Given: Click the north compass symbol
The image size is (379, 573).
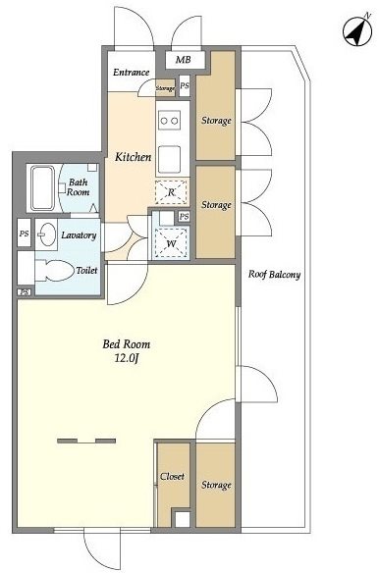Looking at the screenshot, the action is click(x=356, y=31).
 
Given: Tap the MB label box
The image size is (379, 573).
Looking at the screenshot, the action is click(x=184, y=60).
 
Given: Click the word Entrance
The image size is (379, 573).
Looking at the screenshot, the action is click(x=131, y=72).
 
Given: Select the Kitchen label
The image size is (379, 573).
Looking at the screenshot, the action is click(x=133, y=157).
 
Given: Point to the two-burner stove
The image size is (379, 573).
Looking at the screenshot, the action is click(x=170, y=120).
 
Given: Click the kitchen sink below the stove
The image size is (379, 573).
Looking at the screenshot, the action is click(x=170, y=159).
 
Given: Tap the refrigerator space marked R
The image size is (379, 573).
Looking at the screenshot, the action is click(x=171, y=192).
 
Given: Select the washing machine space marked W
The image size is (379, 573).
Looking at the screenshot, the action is click(x=171, y=242).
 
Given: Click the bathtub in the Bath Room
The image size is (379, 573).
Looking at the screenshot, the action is click(x=42, y=188).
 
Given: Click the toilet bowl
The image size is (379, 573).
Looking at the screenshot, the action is click(x=53, y=271).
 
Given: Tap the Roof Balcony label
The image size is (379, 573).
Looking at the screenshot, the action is click(x=274, y=275).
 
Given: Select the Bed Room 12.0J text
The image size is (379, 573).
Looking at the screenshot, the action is click(x=127, y=351).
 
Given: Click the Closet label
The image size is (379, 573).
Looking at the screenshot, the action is click(x=172, y=477).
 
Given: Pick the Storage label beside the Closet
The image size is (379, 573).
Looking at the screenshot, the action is click(x=216, y=485).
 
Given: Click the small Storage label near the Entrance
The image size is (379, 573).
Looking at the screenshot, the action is click(x=165, y=88).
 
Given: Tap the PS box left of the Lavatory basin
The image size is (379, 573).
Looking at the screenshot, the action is click(x=25, y=234).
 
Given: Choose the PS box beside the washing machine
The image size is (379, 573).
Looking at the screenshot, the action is click(x=184, y=217).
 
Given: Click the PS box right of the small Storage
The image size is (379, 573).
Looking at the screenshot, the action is click(x=185, y=86).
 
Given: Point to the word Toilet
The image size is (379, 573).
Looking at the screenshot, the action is click(x=86, y=271).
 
